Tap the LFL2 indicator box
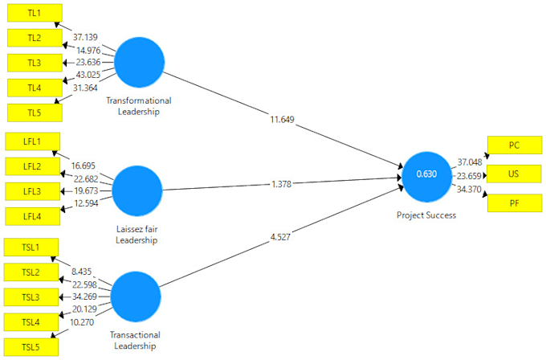pyautogui.click(x=33, y=167)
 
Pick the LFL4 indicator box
pyautogui.click(x=33, y=216)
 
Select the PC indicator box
pyautogui.click(x=514, y=145)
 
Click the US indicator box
pyautogui.click(x=514, y=174)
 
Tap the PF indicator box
pyautogui.click(x=514, y=203)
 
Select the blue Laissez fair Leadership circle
pyautogui.click(x=137, y=190)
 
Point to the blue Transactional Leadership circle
pyautogui.click(x=136, y=297)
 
